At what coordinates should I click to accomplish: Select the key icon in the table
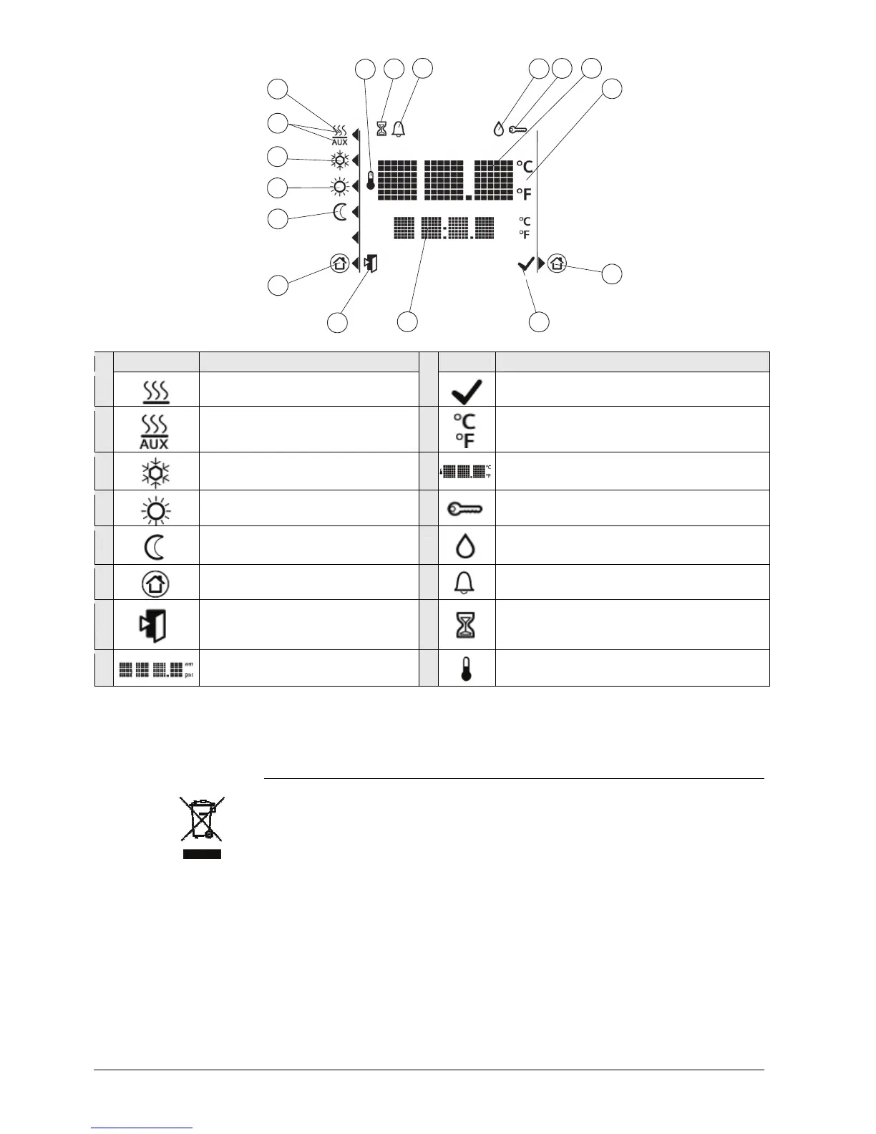[465, 509]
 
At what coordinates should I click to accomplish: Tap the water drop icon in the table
[465, 547]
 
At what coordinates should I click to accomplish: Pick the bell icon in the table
[464, 583]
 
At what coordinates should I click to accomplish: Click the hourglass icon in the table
[466, 625]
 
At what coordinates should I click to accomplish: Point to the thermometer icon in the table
[466, 669]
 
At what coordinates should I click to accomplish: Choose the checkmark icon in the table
[466, 391]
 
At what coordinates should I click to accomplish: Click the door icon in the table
[153, 625]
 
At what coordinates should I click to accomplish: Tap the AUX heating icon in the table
[154, 432]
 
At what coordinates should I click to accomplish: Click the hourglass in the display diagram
[381, 129]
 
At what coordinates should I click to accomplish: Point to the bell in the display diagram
[399, 129]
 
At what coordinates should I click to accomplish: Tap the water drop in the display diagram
[499, 130]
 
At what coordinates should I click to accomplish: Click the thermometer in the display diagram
[371, 180]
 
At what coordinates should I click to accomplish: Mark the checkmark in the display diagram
[525, 265]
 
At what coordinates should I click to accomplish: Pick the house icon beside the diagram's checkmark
[558, 263]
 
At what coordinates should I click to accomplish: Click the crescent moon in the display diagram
[341, 212]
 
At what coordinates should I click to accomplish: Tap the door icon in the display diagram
[370, 263]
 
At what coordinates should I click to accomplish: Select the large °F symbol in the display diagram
[524, 194]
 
